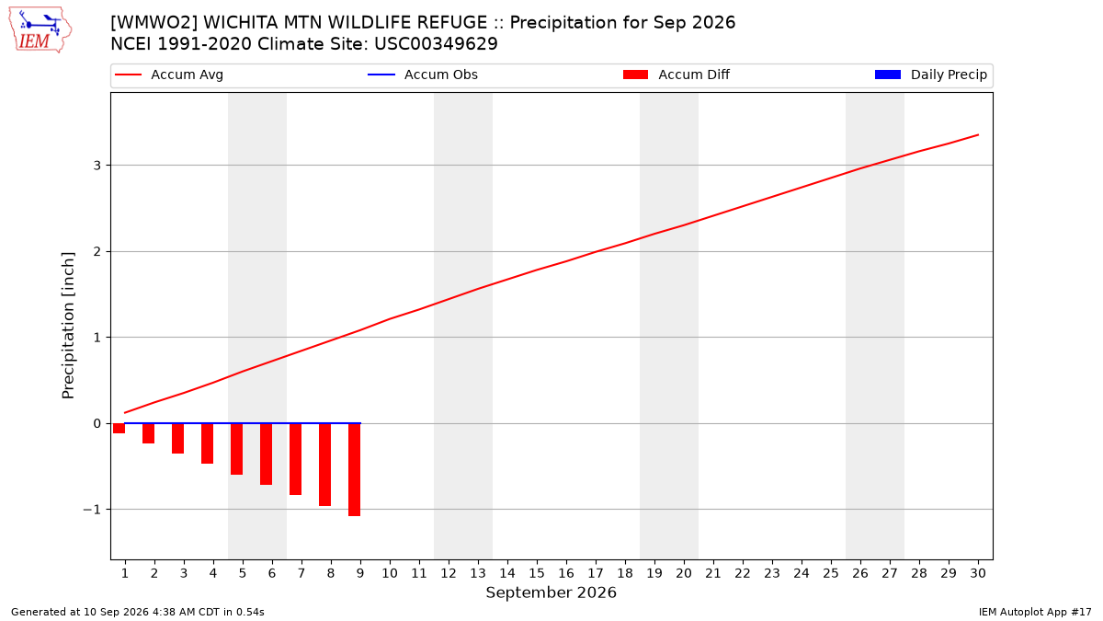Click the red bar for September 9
tap(354, 470)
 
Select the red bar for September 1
tap(119, 429)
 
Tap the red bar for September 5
tap(236, 449)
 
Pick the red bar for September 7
tap(295, 459)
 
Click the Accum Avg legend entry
tap(169, 75)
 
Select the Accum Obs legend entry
tap(423, 75)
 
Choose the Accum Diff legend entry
tap(677, 75)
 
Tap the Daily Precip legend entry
tap(930, 75)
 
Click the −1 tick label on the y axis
tap(92, 510)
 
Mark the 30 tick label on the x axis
tap(978, 573)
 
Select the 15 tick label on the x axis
tap(537, 573)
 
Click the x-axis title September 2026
tap(551, 592)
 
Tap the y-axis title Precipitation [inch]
tap(68, 326)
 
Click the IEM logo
tap(40, 30)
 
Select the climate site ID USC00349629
tap(436, 44)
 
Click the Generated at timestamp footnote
tap(137, 612)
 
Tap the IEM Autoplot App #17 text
tap(1035, 612)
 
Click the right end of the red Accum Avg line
tap(978, 134)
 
